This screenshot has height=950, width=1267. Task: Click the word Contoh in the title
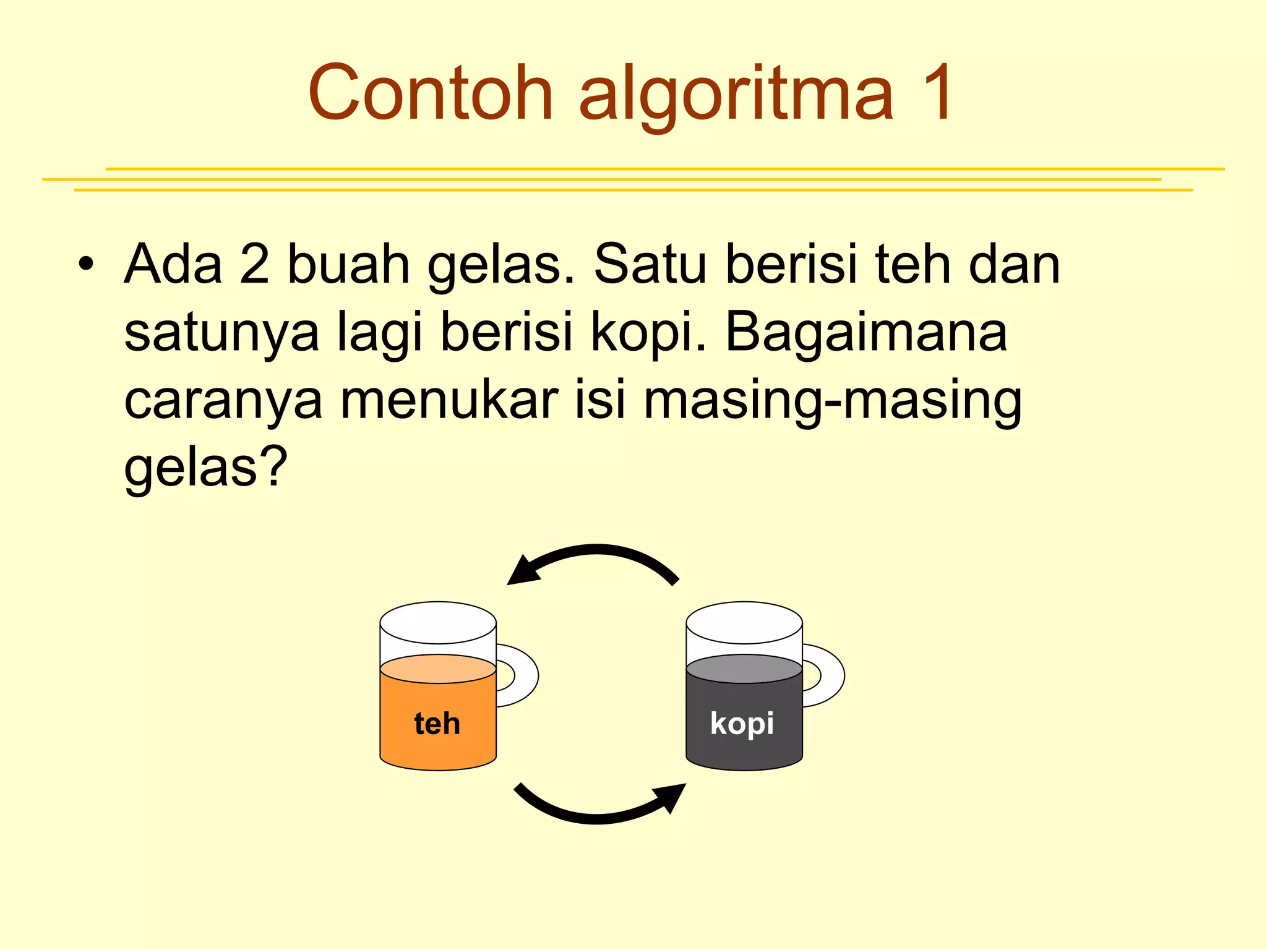click(430, 93)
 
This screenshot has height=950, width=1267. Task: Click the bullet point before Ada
click(86, 264)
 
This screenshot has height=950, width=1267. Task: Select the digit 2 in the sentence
click(254, 264)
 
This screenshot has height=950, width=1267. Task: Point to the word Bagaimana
click(866, 332)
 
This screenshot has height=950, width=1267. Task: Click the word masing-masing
click(832, 401)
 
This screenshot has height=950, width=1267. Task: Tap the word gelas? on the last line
click(206, 468)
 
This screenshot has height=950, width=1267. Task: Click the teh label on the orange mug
click(437, 723)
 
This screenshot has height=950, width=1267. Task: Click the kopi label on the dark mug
click(742, 723)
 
